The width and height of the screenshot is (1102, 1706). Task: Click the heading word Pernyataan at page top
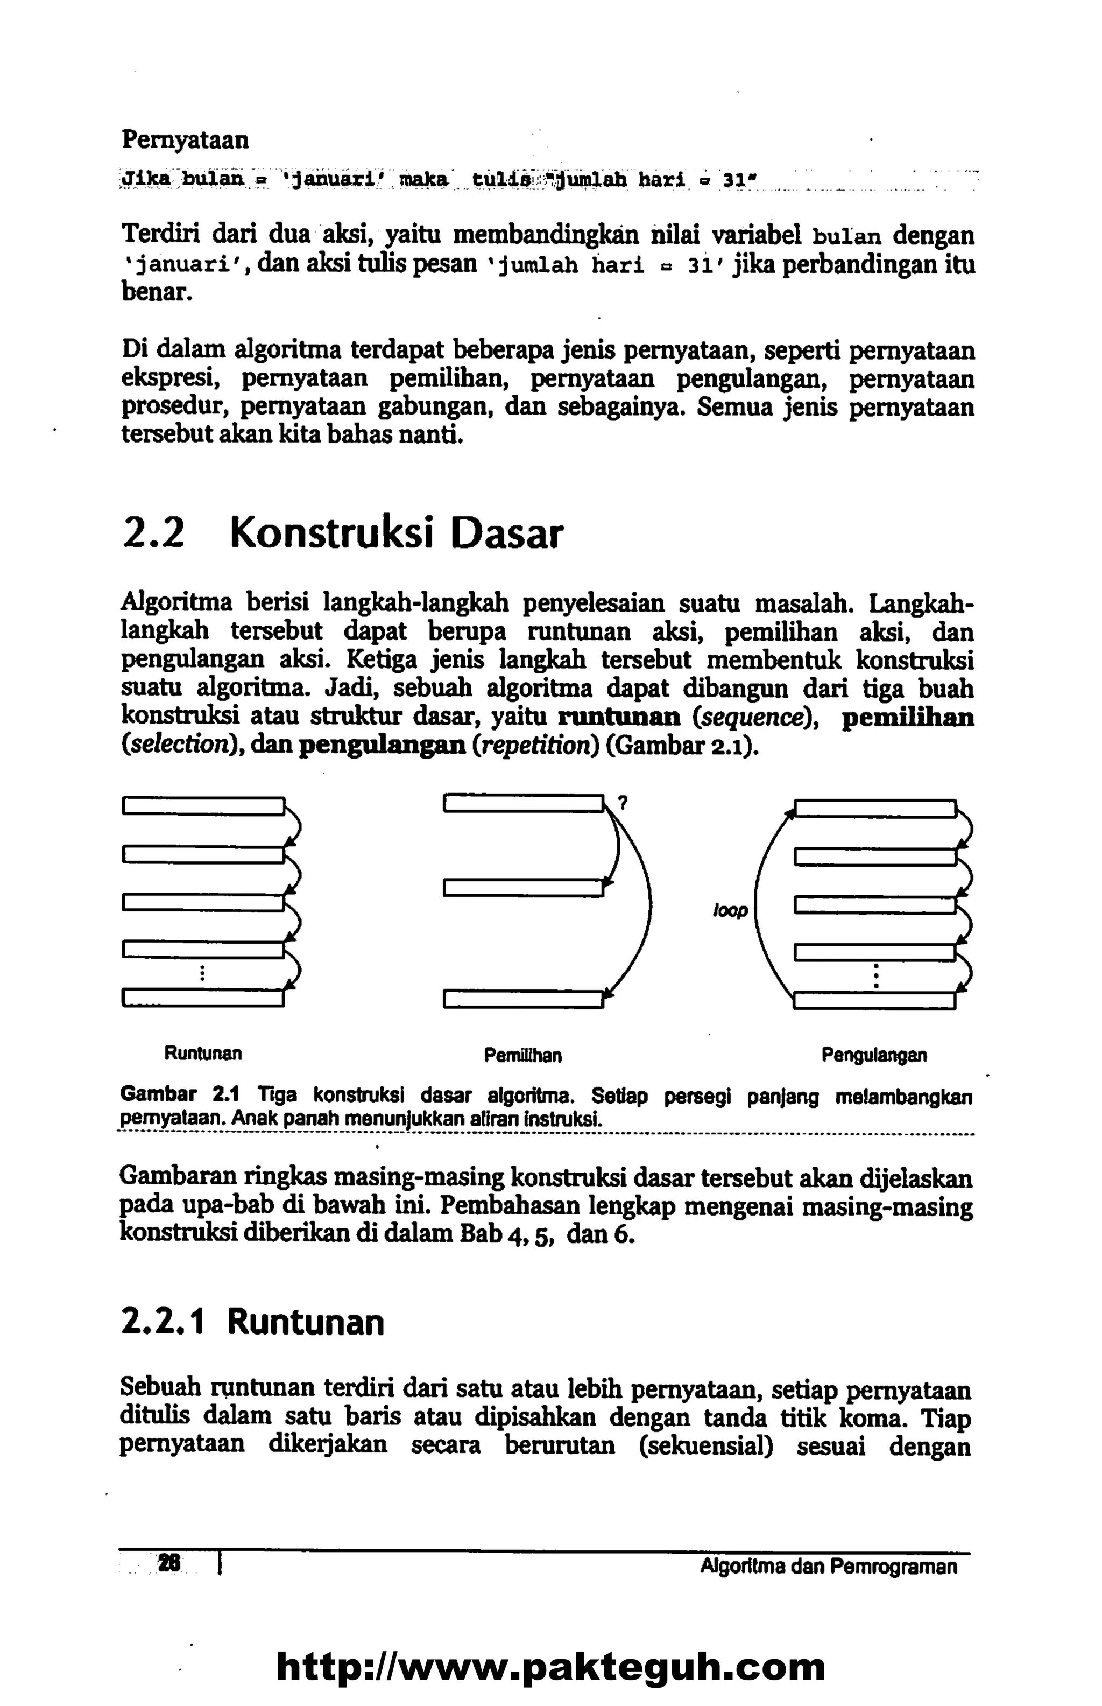(185, 139)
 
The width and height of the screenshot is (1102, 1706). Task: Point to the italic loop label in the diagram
(730, 911)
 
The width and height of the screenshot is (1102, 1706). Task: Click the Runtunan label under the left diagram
(203, 1054)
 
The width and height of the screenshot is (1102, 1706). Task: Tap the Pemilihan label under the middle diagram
(522, 1055)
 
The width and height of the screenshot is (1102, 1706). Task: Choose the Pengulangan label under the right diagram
(874, 1055)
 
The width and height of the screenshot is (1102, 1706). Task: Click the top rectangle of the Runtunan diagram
(203, 806)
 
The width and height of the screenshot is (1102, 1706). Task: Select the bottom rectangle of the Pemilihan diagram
(523, 998)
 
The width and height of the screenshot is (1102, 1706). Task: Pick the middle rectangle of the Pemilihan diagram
(523, 888)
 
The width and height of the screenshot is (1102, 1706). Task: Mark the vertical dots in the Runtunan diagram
(203, 973)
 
